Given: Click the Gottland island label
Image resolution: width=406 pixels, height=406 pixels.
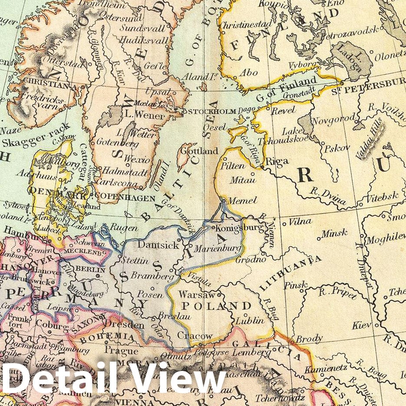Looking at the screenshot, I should pyautogui.click(x=200, y=152).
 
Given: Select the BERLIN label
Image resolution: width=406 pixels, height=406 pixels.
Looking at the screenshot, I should pyautogui.click(x=90, y=269).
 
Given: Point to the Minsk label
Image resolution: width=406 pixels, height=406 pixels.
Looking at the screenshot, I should pyautogui.click(x=335, y=234).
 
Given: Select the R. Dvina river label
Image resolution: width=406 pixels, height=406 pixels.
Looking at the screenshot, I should pyautogui.click(x=328, y=195).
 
